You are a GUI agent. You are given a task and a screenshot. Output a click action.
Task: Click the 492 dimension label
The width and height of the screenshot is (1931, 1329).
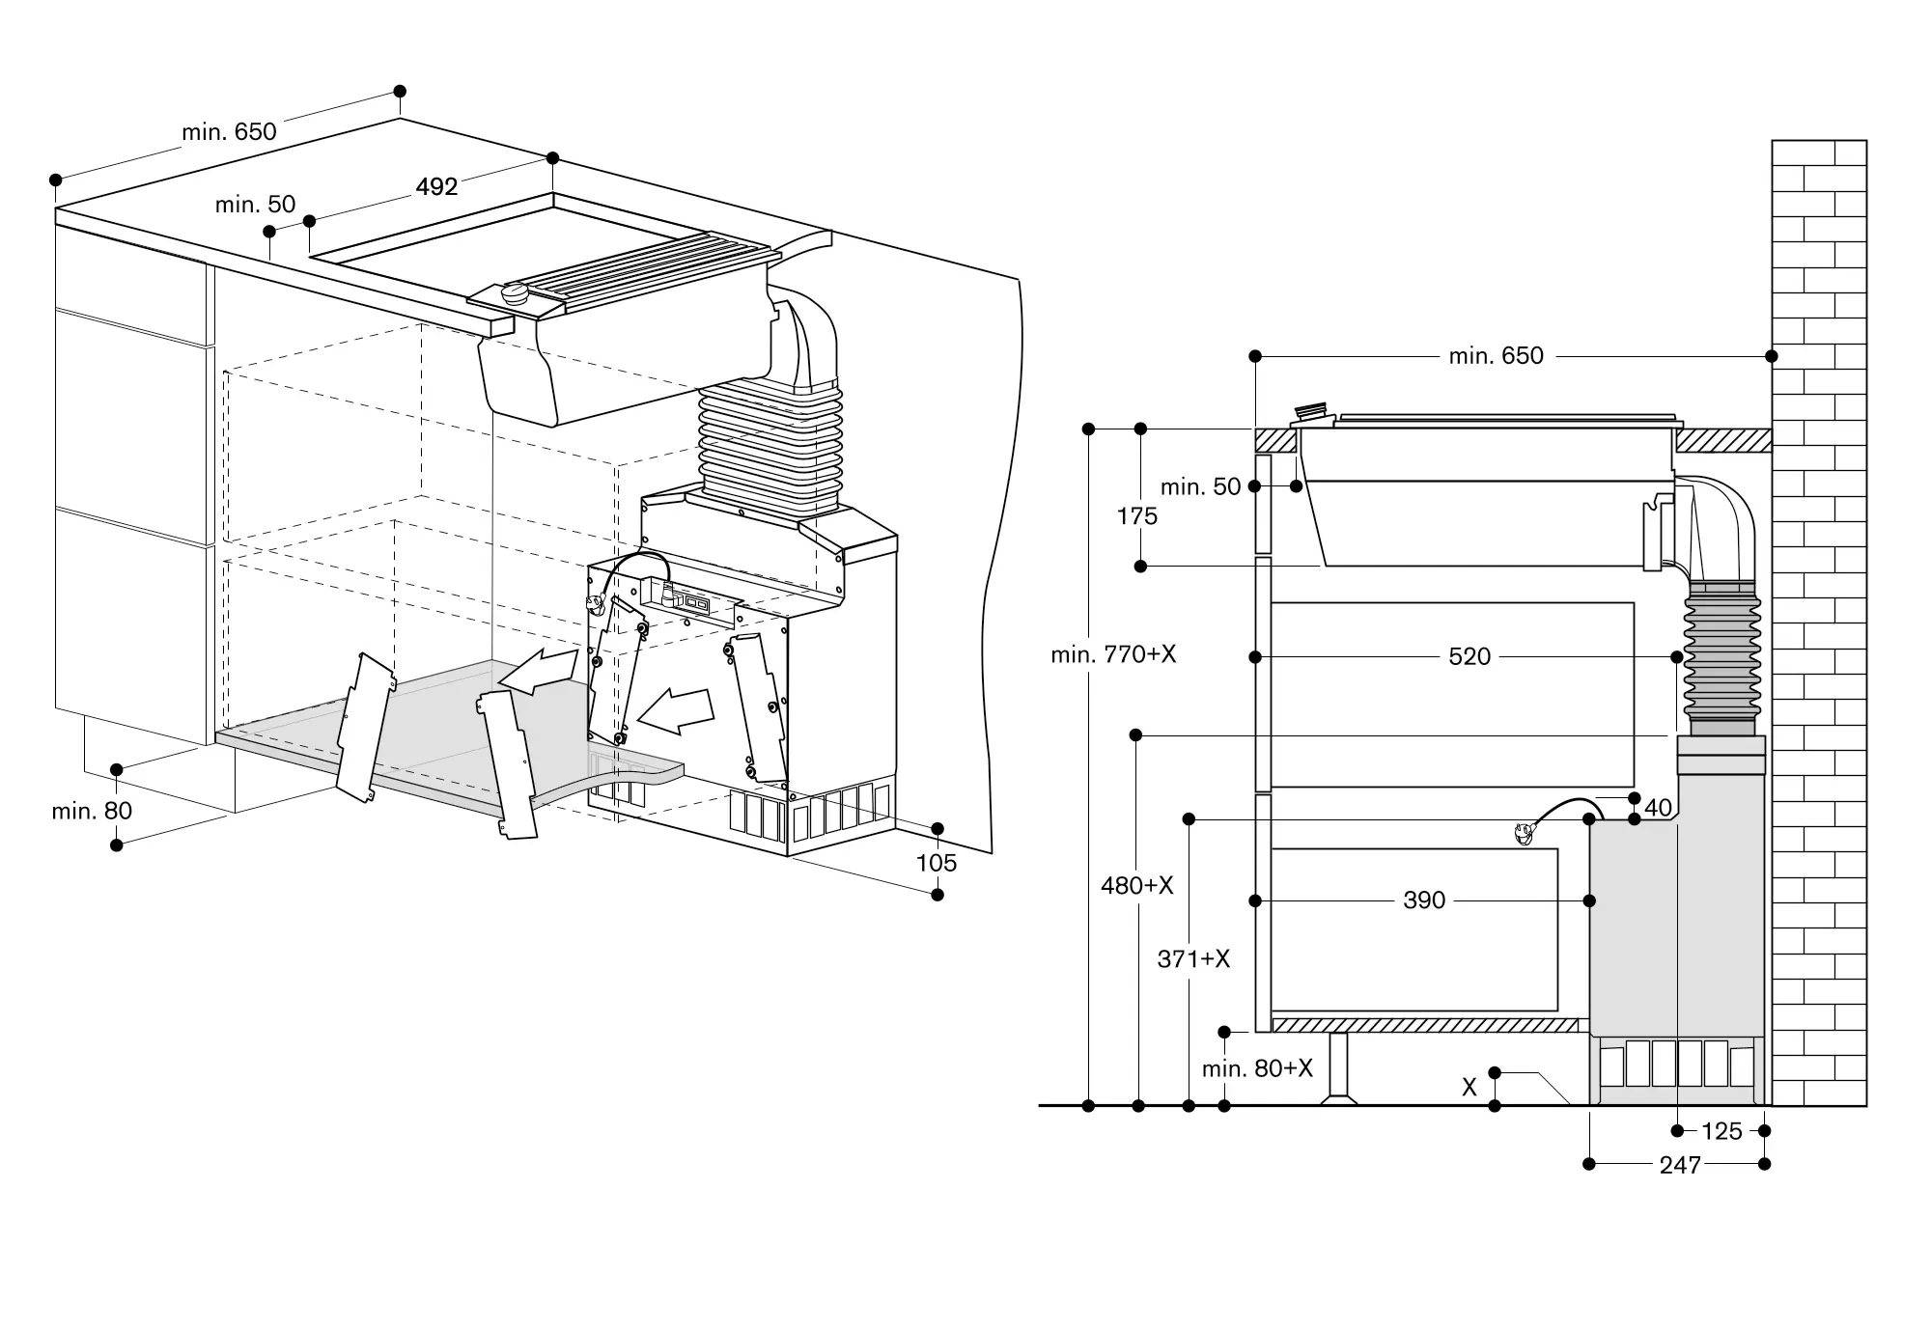(x=436, y=186)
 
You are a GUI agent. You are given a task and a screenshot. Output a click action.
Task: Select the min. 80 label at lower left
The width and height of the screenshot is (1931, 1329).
(x=92, y=811)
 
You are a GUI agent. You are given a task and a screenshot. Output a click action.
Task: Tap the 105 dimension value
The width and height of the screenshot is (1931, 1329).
(x=936, y=863)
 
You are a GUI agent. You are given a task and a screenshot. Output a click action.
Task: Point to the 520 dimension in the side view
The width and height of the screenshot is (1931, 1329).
(x=1469, y=656)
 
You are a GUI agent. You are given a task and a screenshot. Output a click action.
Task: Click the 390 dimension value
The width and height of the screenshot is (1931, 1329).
(x=1424, y=900)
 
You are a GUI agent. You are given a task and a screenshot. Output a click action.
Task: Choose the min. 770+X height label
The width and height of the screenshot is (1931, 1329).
(x=1113, y=654)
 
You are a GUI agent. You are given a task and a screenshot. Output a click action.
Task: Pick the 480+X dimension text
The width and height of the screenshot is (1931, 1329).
(x=1136, y=885)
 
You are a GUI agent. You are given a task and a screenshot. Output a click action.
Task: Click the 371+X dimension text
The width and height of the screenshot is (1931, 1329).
(x=1193, y=958)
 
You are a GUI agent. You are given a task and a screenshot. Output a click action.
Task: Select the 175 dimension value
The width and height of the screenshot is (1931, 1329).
(x=1136, y=516)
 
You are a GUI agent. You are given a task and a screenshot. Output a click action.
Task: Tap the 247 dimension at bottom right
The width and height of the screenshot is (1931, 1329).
(x=1679, y=1165)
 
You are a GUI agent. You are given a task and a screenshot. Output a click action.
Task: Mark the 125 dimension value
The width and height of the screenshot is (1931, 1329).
(x=1721, y=1131)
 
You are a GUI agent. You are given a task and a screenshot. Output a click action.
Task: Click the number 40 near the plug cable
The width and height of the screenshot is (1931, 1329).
(x=1657, y=808)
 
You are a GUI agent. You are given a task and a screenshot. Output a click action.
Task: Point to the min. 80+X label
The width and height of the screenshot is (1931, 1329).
(x=1257, y=1068)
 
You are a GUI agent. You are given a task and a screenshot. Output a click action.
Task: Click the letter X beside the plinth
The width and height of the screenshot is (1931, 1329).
(x=1469, y=1087)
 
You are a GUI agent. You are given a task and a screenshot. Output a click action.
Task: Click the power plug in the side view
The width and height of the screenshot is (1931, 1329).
(x=1525, y=833)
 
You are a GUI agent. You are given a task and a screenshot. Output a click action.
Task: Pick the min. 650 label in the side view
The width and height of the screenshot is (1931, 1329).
(x=1496, y=356)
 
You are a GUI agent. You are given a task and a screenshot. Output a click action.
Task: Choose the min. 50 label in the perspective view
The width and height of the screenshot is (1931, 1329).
(x=255, y=205)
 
